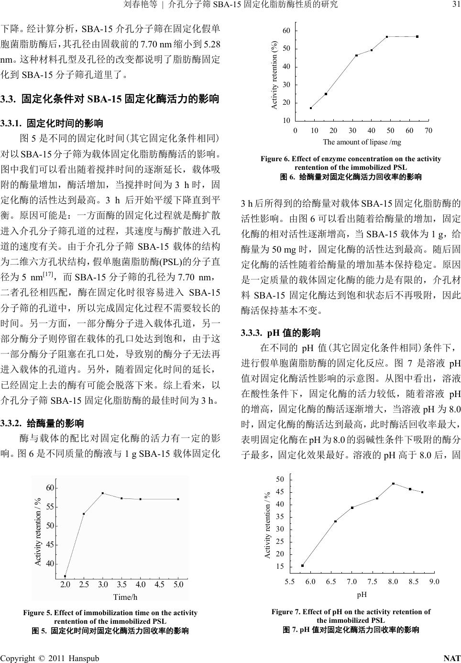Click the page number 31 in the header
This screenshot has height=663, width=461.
click(x=455, y=5)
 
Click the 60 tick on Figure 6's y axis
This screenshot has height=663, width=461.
click(x=286, y=31)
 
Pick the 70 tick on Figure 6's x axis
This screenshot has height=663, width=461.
click(x=428, y=131)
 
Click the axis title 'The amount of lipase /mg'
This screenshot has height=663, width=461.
click(x=362, y=142)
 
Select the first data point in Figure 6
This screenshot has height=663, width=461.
click(x=311, y=108)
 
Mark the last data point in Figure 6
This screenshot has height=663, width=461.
click(x=417, y=37)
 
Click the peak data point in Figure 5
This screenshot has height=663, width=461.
click(x=103, y=493)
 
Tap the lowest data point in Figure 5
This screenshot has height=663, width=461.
click(x=65, y=576)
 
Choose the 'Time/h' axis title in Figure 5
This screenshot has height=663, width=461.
click(x=125, y=597)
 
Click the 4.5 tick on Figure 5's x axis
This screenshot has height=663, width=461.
click(x=159, y=585)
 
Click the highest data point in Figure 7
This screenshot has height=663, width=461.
click(x=393, y=484)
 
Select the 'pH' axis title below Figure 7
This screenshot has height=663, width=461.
click(x=362, y=595)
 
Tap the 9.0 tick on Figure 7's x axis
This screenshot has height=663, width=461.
click(x=434, y=582)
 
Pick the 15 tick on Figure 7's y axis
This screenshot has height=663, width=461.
click(x=280, y=566)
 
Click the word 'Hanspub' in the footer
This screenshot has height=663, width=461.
click(x=83, y=658)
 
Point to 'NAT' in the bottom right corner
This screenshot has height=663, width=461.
click(x=452, y=658)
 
